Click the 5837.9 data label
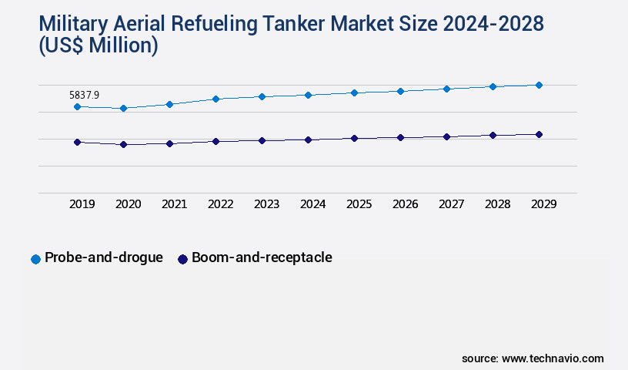(x=84, y=95)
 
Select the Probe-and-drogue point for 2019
(x=77, y=106)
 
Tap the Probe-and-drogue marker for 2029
(x=539, y=85)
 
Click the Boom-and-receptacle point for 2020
(x=123, y=144)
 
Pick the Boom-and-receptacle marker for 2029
(x=539, y=134)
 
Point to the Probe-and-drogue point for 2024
(x=308, y=95)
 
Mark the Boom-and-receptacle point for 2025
(x=354, y=138)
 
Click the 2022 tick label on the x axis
(x=220, y=204)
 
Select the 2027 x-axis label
(x=451, y=204)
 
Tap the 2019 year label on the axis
(x=82, y=204)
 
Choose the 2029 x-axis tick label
(x=543, y=204)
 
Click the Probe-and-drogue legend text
(x=103, y=257)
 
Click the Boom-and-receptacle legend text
(x=262, y=257)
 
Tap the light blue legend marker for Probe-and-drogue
(x=35, y=259)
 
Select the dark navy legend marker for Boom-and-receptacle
(x=182, y=259)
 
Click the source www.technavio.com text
(x=533, y=358)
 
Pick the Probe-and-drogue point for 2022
(x=215, y=99)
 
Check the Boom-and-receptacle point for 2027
(x=446, y=136)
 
